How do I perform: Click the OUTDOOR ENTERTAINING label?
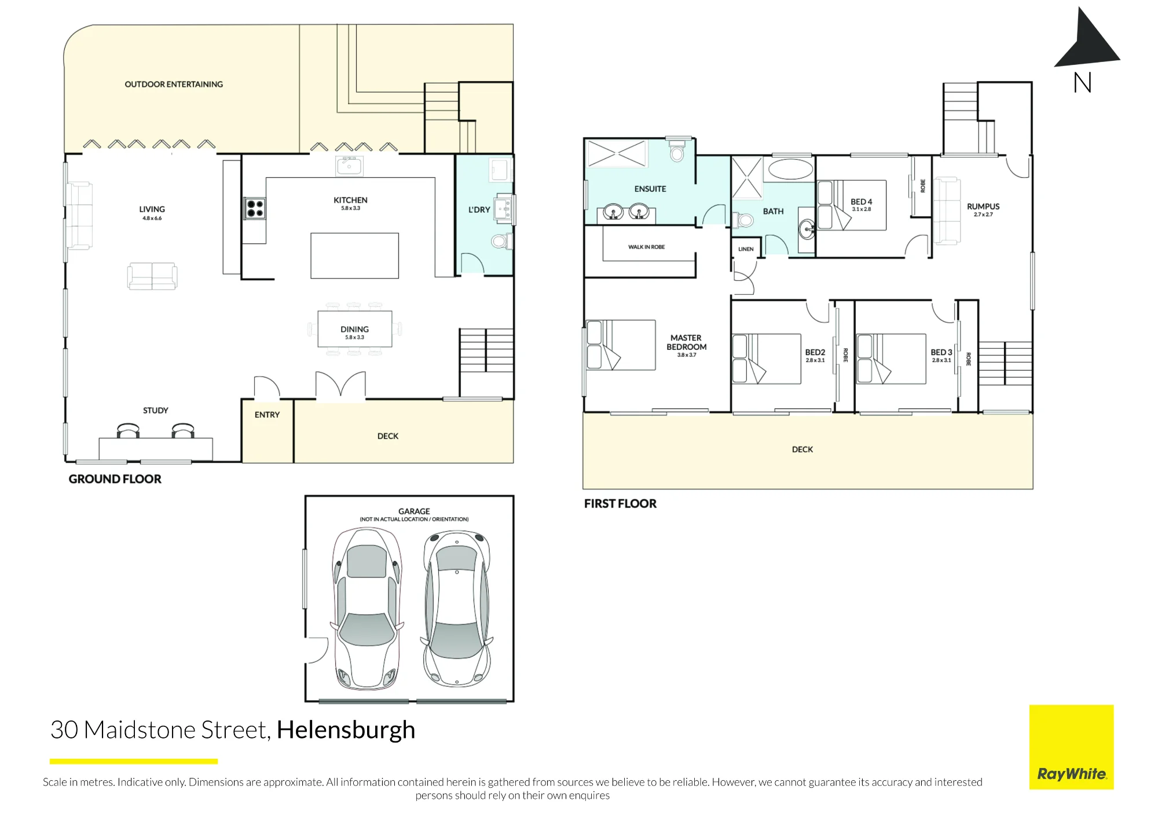click(x=174, y=85)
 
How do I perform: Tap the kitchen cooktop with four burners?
click(x=255, y=208)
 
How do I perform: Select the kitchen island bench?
click(x=354, y=255)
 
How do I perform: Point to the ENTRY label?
click(x=267, y=415)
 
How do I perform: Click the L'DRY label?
click(x=479, y=210)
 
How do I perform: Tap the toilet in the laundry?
click(x=501, y=240)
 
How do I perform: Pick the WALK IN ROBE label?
click(x=646, y=247)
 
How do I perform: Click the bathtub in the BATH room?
click(x=790, y=169)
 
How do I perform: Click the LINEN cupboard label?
click(x=746, y=249)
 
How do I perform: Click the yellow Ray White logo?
click(x=1071, y=747)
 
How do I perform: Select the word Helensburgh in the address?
click(x=346, y=730)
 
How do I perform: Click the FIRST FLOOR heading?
click(x=620, y=504)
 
